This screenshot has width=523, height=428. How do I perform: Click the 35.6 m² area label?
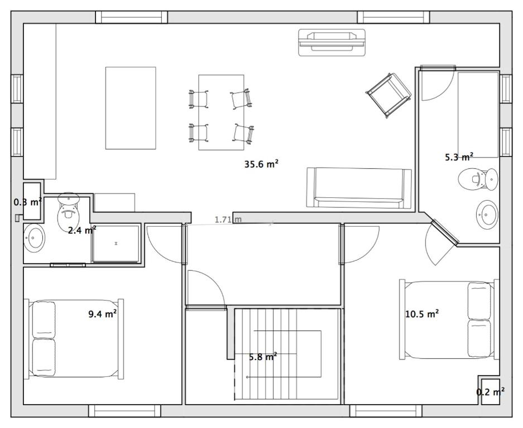261,164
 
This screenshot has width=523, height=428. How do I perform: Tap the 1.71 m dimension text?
228,220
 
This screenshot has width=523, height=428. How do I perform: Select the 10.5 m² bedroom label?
421,313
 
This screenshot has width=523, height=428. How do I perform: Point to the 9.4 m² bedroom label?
102,313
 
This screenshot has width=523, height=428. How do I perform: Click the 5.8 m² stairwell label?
263,357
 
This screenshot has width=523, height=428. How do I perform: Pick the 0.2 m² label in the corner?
490,392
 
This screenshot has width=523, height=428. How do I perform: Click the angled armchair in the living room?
388,95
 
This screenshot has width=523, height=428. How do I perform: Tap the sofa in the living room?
359,188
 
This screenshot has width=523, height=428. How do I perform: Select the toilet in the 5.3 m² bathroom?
478,179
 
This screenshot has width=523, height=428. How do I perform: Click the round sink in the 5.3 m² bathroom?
487,215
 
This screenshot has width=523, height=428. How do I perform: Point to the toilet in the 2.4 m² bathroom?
69,211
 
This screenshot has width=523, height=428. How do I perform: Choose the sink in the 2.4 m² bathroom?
34,238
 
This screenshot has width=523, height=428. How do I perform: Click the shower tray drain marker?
116,244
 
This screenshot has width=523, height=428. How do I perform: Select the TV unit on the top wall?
332,42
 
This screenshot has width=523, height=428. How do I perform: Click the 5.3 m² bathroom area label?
459,157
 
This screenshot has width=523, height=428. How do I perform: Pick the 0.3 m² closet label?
28,202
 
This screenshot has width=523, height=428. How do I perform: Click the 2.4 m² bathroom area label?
82,230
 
